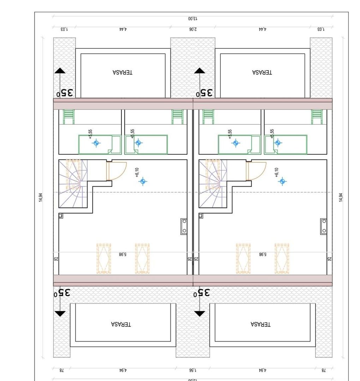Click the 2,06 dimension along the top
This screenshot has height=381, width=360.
[x=193, y=29]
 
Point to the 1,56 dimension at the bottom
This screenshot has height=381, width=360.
[x=193, y=370]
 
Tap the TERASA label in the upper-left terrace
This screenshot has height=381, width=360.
[x=122, y=72]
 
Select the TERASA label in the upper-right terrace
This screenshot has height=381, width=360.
[x=262, y=72]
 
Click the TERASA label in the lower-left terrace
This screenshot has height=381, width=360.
[x=121, y=324]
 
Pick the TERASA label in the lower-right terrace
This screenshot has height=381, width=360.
[x=261, y=324]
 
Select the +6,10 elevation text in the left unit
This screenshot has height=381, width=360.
[x=137, y=171]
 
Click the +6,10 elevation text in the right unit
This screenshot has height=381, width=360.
[x=277, y=171]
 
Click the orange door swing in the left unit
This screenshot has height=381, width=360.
[x=116, y=171]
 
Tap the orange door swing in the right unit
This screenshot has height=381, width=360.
[x=256, y=171]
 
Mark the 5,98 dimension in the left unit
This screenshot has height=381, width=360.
[x=123, y=254]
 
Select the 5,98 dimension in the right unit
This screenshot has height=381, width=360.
[x=263, y=254]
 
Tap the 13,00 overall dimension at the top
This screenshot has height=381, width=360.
[x=193, y=18]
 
